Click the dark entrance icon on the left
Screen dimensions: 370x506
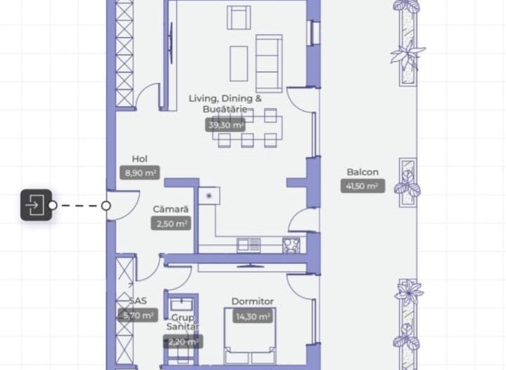click(36, 206)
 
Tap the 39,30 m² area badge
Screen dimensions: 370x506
click(226, 125)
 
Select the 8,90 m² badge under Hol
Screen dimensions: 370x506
click(140, 173)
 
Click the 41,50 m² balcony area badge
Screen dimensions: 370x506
click(363, 186)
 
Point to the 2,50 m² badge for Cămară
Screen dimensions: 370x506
click(171, 223)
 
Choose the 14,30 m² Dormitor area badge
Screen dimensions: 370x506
click(253, 316)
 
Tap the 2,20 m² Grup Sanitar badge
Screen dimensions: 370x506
click(183, 342)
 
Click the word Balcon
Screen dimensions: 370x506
click(363, 172)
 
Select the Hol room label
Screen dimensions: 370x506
click(140, 159)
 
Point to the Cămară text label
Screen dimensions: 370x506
click(171, 209)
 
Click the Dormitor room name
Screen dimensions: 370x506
click(253, 302)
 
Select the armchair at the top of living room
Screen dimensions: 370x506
click(239, 17)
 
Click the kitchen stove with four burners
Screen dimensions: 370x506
click(291, 245)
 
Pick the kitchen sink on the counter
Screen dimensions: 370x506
click(248, 245)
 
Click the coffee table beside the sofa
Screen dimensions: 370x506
click(239, 60)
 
